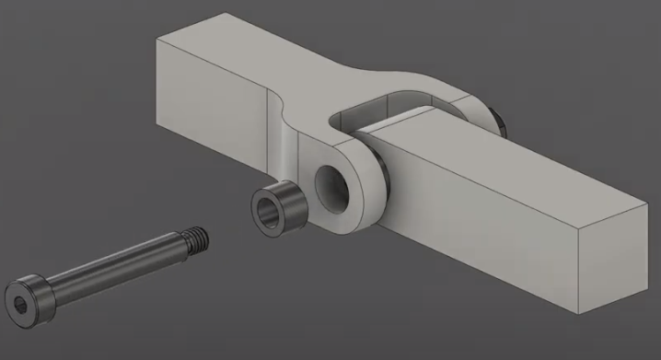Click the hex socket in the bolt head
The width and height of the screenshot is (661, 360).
pos(20,304)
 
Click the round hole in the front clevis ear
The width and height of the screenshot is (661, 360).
pos(330,182)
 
